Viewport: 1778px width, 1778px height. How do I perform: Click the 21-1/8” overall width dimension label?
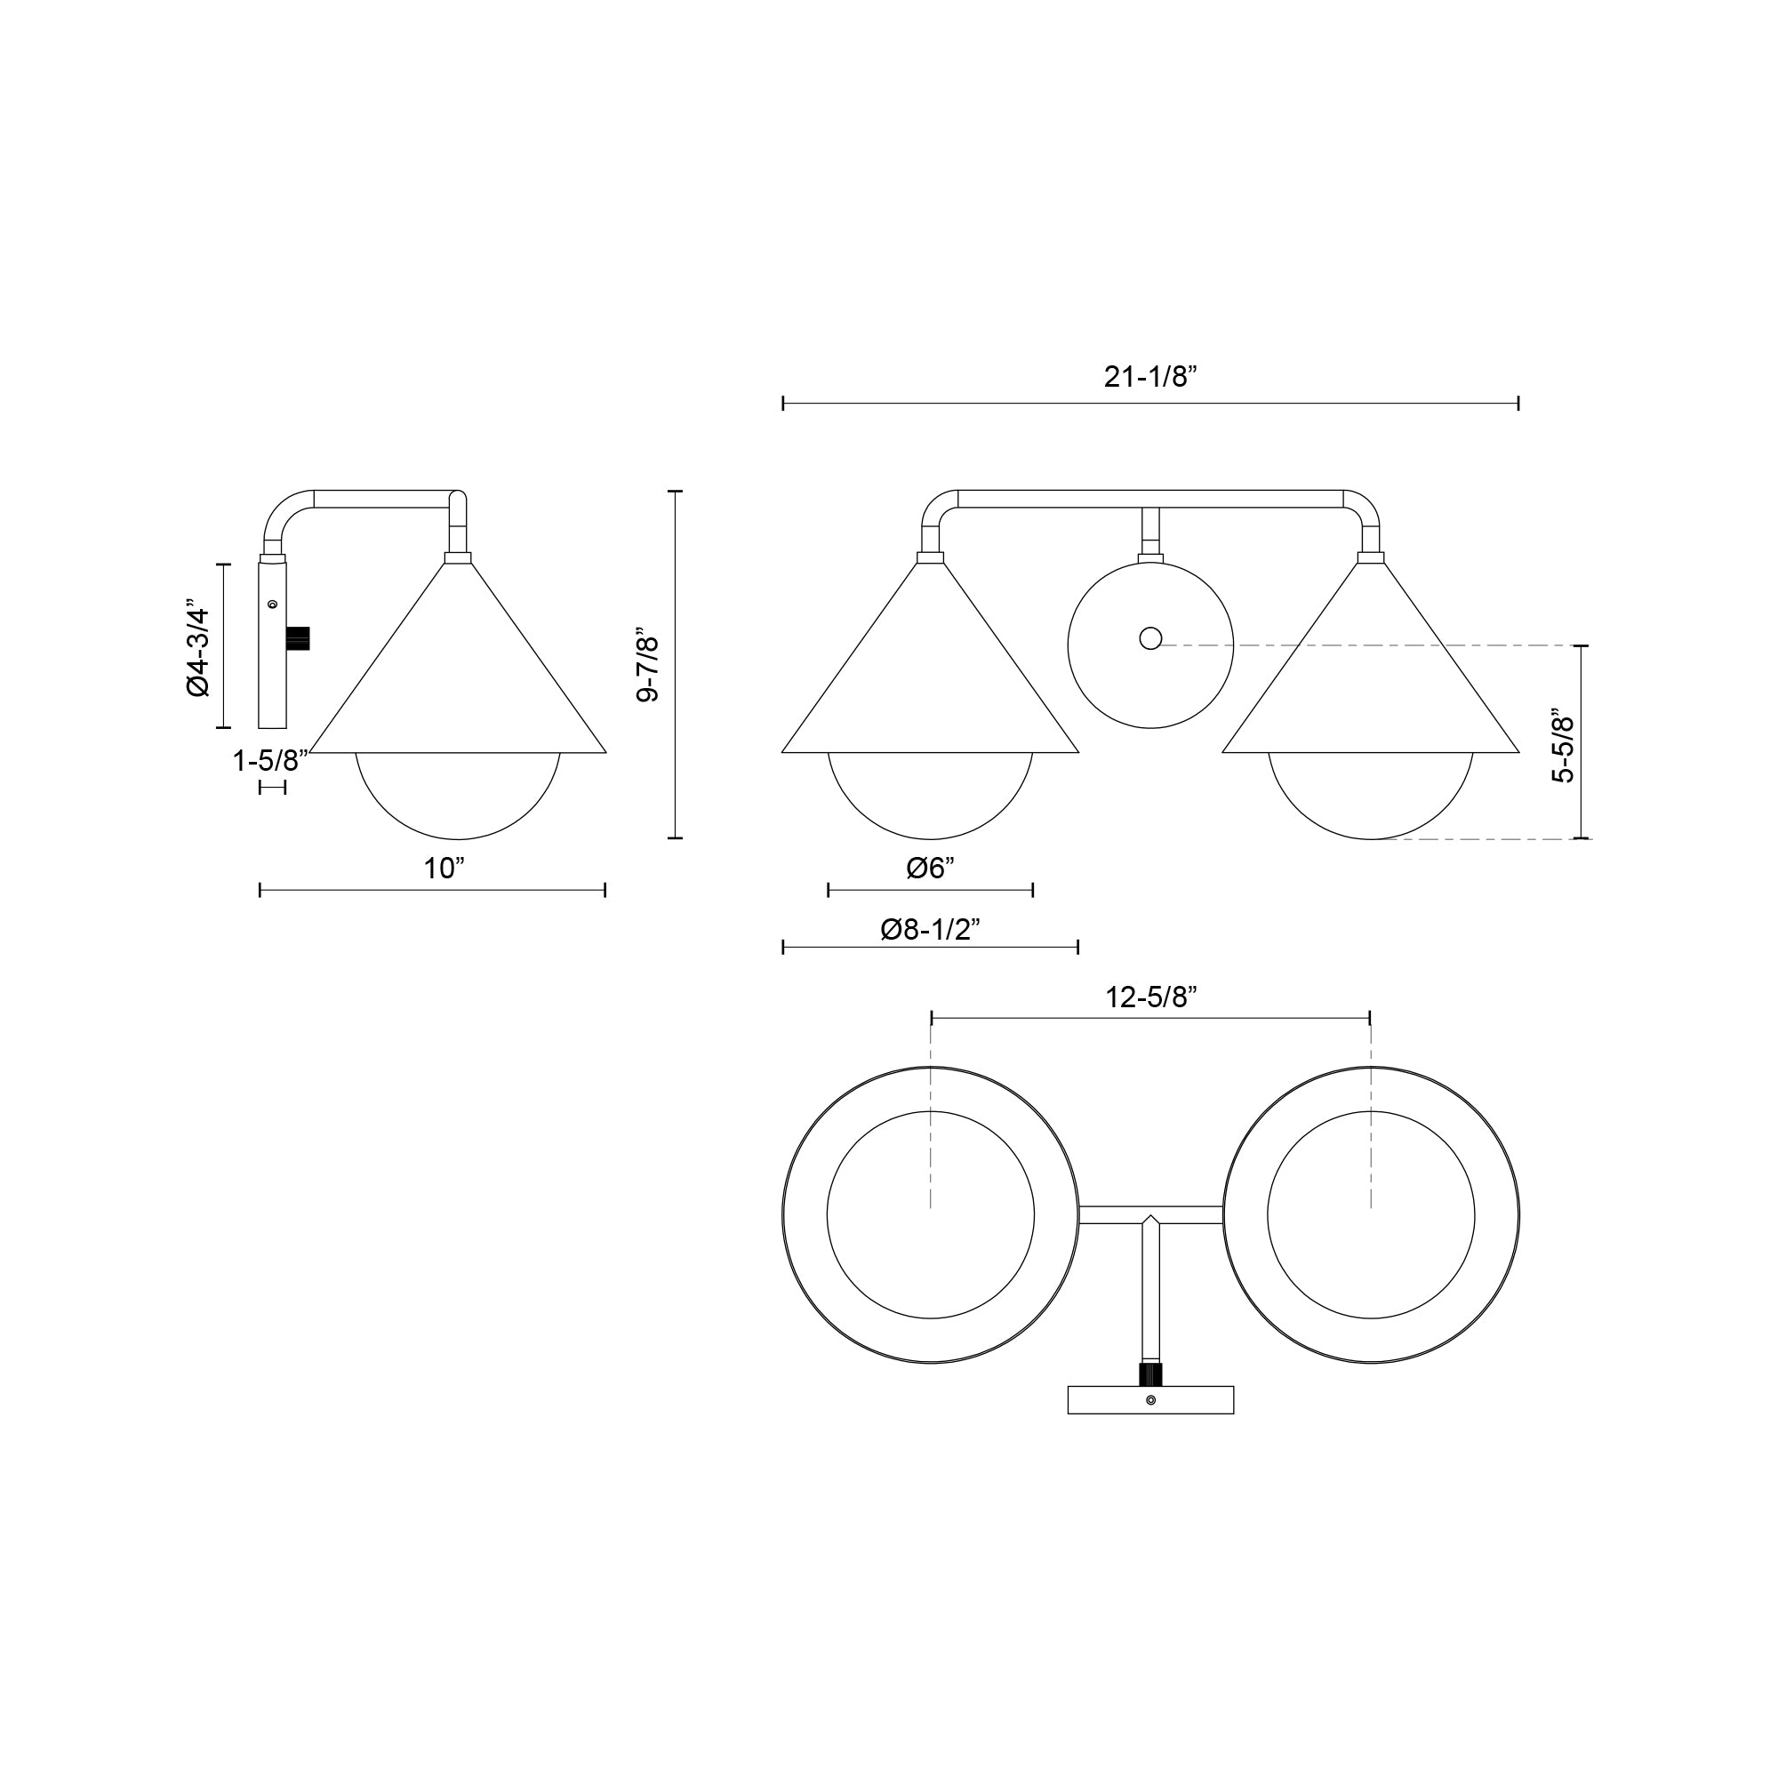pyautogui.click(x=1149, y=377)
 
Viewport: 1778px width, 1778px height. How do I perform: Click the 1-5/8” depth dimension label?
pyautogui.click(x=269, y=761)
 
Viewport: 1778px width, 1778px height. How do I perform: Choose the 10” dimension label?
pyautogui.click(x=444, y=868)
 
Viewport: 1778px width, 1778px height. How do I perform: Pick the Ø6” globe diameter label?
pyautogui.click(x=931, y=868)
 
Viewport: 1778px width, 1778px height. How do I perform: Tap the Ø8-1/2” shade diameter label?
pyautogui.click(x=931, y=931)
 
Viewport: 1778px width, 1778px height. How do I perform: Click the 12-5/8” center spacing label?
pyautogui.click(x=1150, y=997)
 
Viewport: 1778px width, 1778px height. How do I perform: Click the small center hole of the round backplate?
pyautogui.click(x=1150, y=637)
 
